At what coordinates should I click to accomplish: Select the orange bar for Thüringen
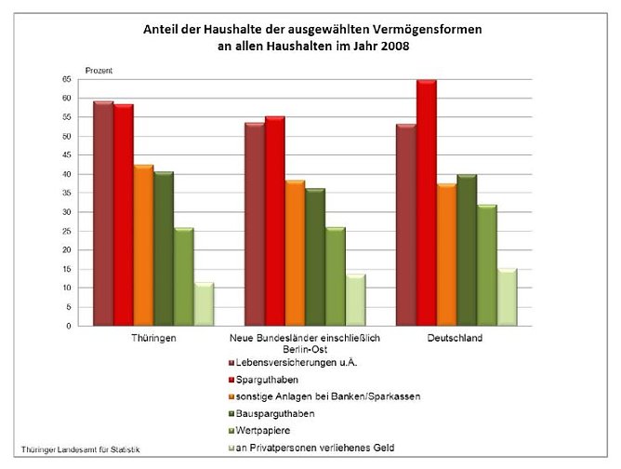point(143,246)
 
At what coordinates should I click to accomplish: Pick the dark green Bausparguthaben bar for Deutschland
point(467,250)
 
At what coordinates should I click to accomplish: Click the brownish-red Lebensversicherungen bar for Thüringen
point(102,214)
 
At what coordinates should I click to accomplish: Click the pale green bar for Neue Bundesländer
point(356,300)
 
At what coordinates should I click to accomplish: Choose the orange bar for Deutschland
point(446,255)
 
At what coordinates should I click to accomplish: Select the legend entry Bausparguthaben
point(279,413)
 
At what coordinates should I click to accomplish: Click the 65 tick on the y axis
point(67,79)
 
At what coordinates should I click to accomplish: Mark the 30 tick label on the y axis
point(67,212)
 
